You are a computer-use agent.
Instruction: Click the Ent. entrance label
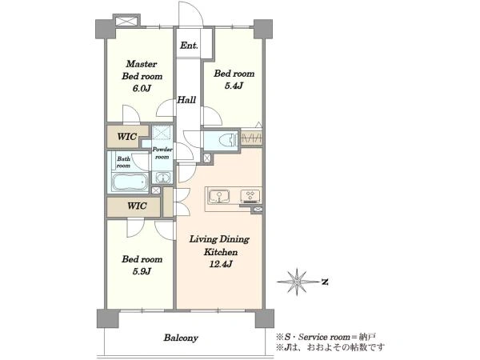[189, 46]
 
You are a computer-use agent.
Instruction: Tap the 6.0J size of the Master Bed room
[142, 89]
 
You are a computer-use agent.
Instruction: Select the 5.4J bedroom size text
[234, 86]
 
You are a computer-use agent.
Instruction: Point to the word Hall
[186, 100]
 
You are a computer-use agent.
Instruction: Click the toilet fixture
[228, 140]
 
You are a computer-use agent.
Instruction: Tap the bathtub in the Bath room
[130, 182]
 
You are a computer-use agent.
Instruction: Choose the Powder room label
[162, 153]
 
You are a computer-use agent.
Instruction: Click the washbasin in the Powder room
[163, 178]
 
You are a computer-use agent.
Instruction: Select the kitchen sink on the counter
[219, 196]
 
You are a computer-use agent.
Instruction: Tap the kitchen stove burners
[250, 196]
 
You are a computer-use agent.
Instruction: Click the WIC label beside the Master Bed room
[126, 137]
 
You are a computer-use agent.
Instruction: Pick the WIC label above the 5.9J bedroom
[137, 206]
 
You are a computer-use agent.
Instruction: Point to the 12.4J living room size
[221, 264]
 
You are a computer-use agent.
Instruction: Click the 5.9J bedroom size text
[142, 271]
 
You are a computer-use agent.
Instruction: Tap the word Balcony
[181, 338]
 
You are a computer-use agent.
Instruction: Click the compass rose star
[297, 282]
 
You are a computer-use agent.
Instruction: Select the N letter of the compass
[325, 282]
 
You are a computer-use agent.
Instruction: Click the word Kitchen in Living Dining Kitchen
[221, 252]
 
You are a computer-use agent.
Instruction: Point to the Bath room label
[123, 162]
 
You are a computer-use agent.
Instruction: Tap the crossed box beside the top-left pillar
[126, 22]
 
